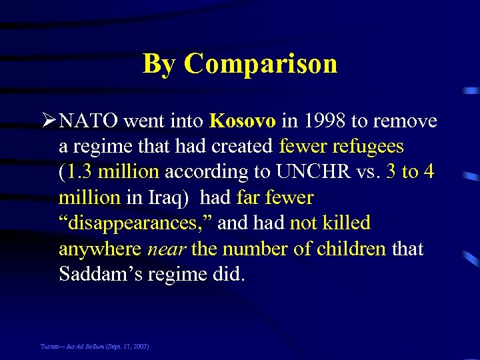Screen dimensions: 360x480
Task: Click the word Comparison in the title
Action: click(261, 64)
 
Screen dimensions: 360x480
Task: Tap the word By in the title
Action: click(160, 64)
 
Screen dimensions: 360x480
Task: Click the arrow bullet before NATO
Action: click(48, 121)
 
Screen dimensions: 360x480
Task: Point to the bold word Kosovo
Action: click(242, 121)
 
